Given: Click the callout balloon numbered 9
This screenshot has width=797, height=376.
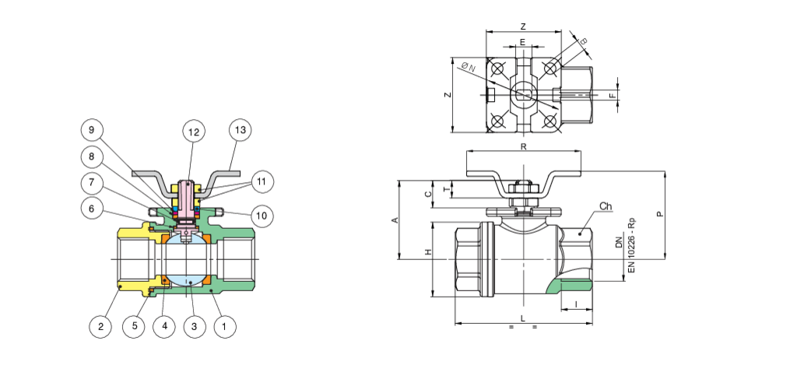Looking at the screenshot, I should click(x=92, y=129).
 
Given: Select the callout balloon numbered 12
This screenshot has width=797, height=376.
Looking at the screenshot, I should click(x=194, y=132).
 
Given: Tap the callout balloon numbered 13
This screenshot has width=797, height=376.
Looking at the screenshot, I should click(x=241, y=130).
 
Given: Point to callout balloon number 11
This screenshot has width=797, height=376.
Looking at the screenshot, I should click(x=262, y=181).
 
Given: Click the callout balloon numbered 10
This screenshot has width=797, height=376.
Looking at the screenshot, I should click(x=262, y=213).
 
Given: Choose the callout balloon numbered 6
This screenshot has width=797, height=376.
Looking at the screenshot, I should click(x=92, y=208).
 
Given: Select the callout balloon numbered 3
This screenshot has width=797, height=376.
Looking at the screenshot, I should click(x=194, y=327).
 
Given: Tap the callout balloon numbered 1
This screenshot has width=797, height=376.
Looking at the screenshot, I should click(x=224, y=327).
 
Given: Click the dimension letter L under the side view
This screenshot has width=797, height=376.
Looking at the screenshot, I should click(x=523, y=318).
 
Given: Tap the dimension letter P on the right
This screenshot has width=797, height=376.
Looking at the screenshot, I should click(x=660, y=213).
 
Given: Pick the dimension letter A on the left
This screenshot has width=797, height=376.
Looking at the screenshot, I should click(x=395, y=220).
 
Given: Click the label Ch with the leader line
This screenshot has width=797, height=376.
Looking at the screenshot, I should click(x=606, y=206).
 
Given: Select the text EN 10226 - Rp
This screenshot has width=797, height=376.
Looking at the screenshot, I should click(x=631, y=244).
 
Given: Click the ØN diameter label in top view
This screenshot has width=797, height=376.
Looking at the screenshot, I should click(x=469, y=69).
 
